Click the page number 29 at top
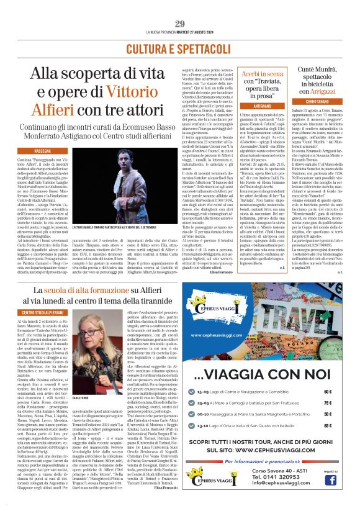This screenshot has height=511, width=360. point(180,24)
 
